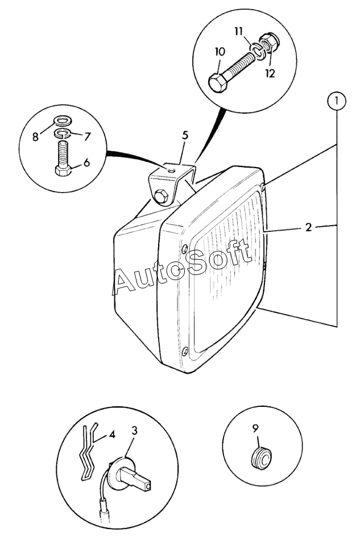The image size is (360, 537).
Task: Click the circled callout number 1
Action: tap(337, 102)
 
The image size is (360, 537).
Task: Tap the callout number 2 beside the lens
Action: tap(308, 228)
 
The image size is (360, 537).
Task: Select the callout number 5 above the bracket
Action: tap(184, 136)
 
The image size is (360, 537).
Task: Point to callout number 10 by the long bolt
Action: tap(220, 51)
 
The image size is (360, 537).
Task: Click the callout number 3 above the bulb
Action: tap(134, 431)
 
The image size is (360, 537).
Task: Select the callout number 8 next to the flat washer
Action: tap(36, 136)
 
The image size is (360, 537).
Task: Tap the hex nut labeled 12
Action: tap(271, 43)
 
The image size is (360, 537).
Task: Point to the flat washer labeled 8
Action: tap(61, 120)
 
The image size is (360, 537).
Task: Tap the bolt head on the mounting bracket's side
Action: tap(160, 197)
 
